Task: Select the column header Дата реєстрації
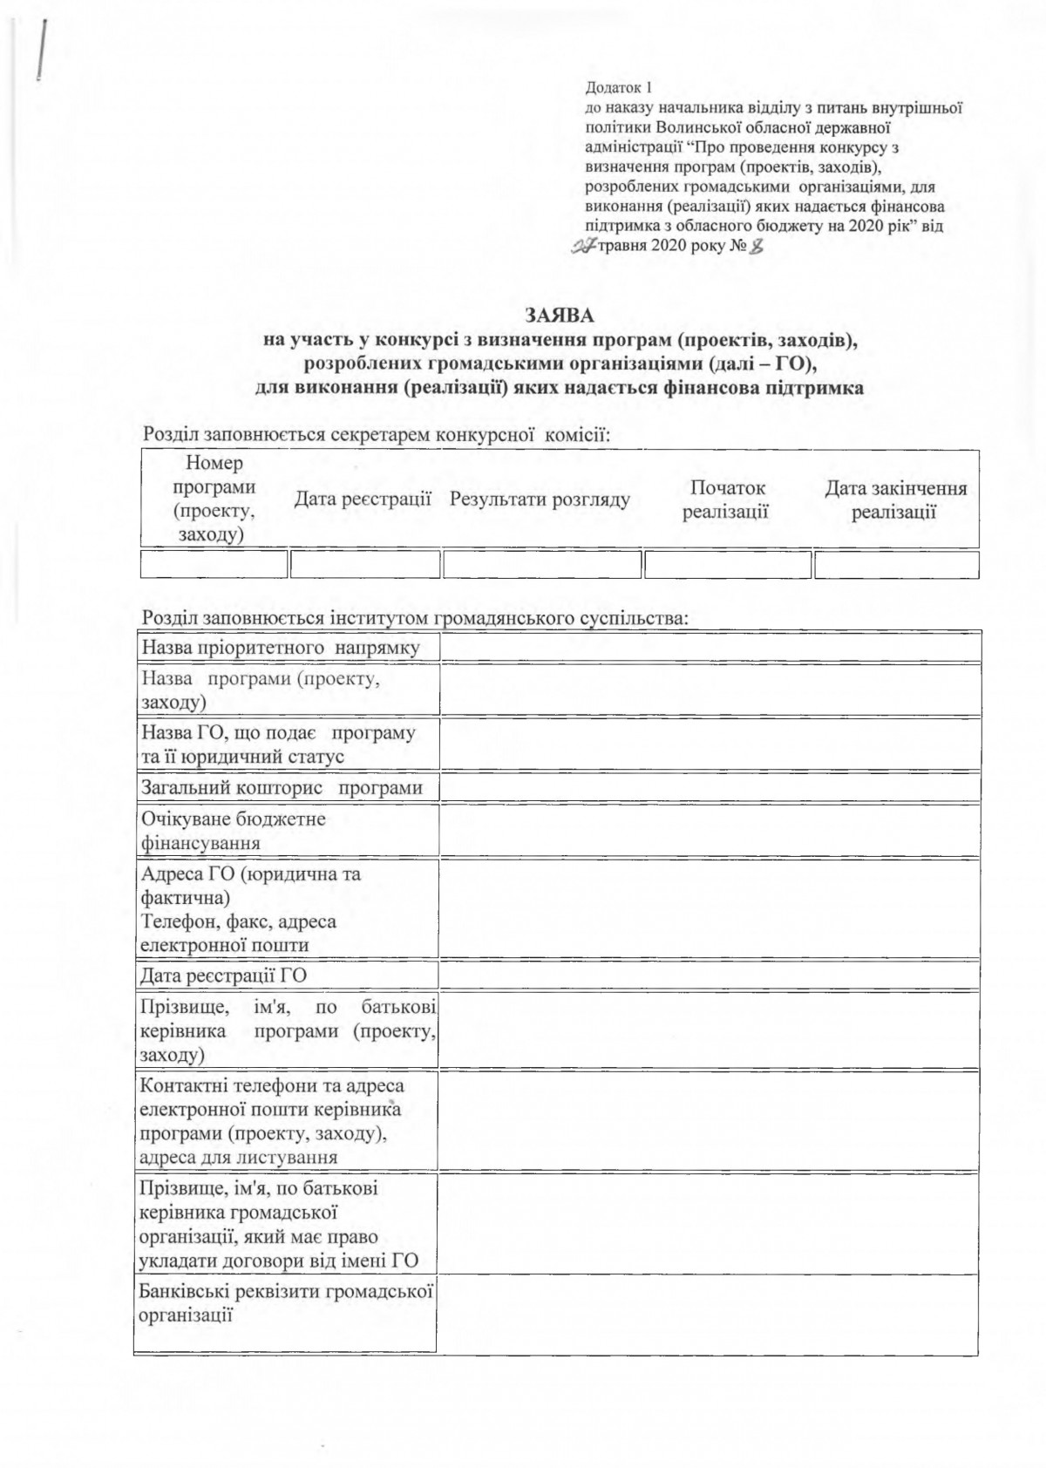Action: [x=363, y=500]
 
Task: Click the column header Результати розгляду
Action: [x=540, y=500]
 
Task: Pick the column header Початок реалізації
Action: [x=726, y=500]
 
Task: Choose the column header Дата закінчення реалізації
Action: [x=895, y=500]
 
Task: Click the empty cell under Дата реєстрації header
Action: [x=364, y=564]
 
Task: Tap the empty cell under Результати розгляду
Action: [x=541, y=564]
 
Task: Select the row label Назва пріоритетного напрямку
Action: [x=281, y=647]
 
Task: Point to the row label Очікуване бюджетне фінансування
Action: [x=234, y=831]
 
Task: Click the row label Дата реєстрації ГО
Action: [x=224, y=975]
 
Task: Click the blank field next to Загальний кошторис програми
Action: [x=708, y=788]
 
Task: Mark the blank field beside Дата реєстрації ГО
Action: [x=708, y=975]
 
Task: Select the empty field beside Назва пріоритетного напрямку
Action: [x=708, y=647]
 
